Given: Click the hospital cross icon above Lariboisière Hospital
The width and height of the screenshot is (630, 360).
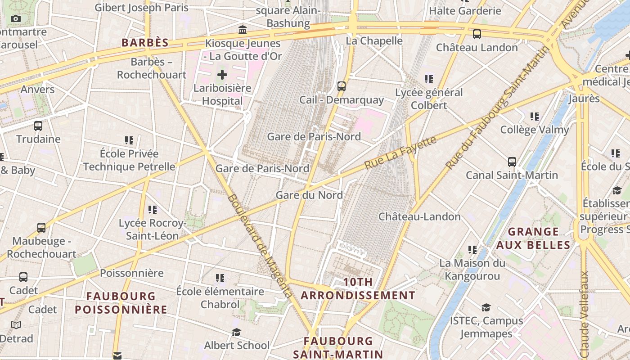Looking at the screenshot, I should click(x=222, y=74).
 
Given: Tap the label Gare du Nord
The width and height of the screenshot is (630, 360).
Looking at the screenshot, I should click(x=309, y=195).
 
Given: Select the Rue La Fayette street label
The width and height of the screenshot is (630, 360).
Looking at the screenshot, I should click(x=400, y=153).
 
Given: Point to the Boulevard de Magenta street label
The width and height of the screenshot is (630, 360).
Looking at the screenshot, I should click(x=259, y=245).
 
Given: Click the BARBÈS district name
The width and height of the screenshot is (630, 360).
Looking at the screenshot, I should click(x=145, y=43).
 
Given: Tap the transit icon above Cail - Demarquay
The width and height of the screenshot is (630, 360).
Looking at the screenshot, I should click(x=342, y=86).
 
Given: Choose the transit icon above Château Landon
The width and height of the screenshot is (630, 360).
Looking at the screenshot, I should click(x=477, y=34).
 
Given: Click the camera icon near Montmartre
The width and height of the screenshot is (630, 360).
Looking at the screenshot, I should click(x=16, y=18).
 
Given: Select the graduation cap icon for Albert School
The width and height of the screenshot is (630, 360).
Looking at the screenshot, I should click(x=236, y=332).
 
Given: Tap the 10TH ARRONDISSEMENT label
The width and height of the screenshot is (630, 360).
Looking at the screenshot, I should click(x=358, y=289).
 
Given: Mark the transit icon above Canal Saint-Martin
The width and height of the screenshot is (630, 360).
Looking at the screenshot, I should click(x=512, y=162).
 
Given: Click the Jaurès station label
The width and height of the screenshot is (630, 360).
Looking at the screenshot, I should click(x=584, y=99).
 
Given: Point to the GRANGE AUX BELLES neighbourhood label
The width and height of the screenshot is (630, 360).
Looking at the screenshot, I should click(x=533, y=238).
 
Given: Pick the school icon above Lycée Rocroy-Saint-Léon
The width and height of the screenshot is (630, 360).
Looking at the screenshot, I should click(x=153, y=209).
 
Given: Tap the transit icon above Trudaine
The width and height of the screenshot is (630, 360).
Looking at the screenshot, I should click(x=38, y=126).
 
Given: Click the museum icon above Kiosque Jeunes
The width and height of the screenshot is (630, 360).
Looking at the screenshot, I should click(x=243, y=30).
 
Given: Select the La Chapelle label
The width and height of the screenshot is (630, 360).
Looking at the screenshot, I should click(x=374, y=41).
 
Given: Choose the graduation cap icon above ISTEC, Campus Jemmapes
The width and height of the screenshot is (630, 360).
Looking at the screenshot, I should click(x=486, y=307).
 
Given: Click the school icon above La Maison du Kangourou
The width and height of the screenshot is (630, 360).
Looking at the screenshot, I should click(x=472, y=249).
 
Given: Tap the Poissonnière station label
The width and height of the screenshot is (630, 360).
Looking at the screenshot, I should click(x=131, y=273).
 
